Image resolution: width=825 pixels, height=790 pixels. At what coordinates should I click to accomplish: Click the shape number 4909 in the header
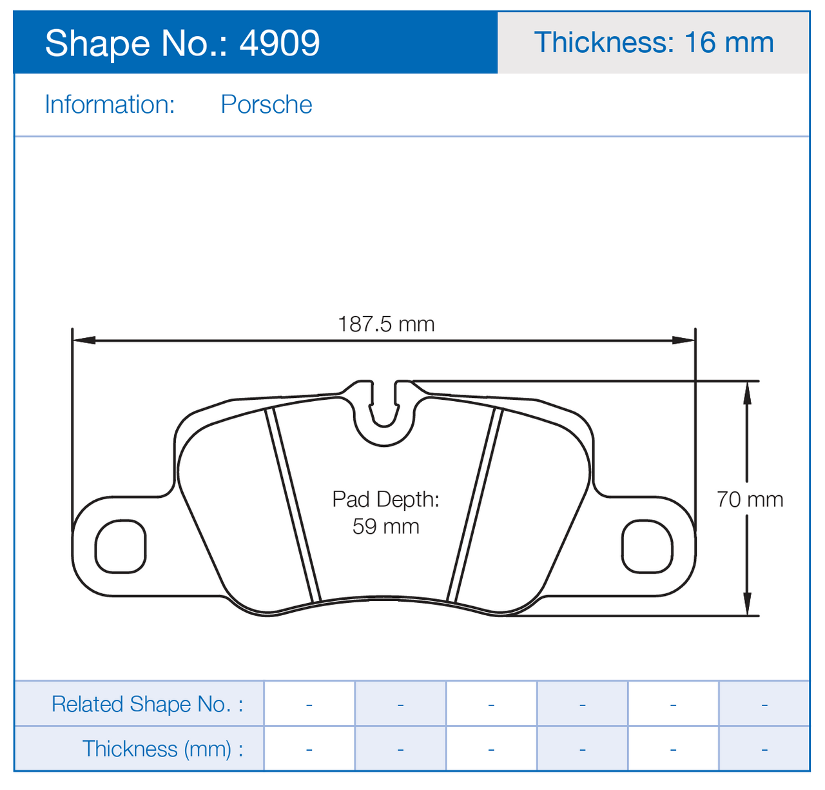click(x=279, y=43)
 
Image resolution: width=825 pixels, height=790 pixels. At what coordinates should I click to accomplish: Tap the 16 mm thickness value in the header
click(x=729, y=43)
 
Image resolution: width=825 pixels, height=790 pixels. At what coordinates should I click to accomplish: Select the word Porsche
click(x=266, y=104)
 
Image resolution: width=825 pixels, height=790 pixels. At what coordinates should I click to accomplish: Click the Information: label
click(x=110, y=104)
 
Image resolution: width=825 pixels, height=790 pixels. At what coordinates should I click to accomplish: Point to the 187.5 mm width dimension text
click(x=386, y=324)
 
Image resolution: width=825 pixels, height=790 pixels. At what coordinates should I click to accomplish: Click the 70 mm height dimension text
click(x=750, y=500)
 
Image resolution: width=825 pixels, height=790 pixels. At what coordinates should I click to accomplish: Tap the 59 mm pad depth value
click(x=386, y=526)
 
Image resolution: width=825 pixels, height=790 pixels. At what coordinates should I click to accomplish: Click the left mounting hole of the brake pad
click(x=121, y=546)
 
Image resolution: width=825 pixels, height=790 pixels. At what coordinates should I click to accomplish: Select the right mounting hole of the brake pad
click(x=647, y=546)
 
